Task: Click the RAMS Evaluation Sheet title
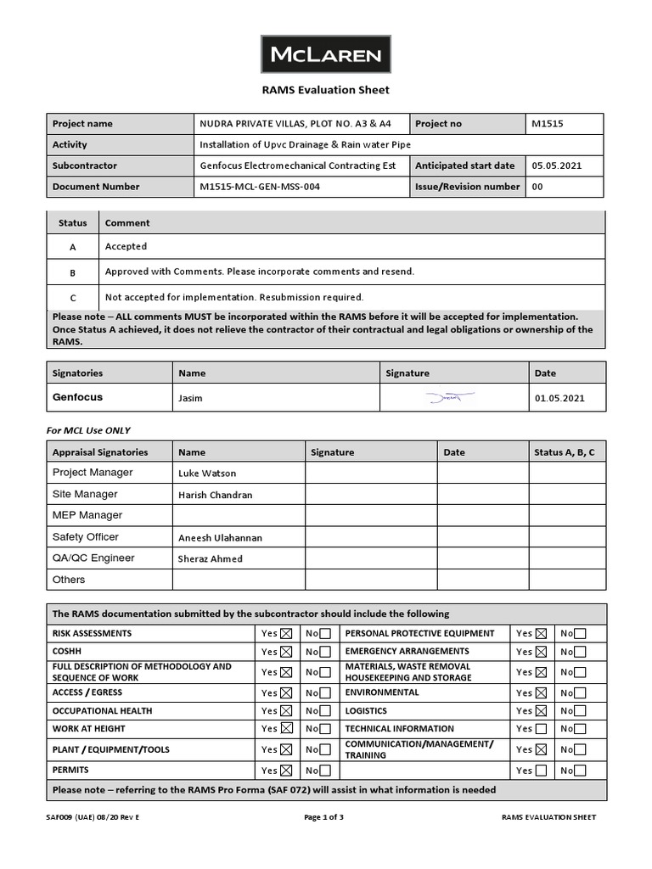(x=325, y=90)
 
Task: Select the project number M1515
(x=548, y=124)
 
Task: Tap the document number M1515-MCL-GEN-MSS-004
(x=260, y=187)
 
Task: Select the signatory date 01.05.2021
(x=559, y=398)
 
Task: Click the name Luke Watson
(x=207, y=474)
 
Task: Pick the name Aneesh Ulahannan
(x=220, y=538)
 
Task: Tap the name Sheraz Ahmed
(x=210, y=559)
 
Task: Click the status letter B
(x=73, y=272)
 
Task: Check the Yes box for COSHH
(x=286, y=652)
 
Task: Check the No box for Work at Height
(x=325, y=729)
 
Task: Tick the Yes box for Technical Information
(x=541, y=729)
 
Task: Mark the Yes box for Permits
(x=286, y=771)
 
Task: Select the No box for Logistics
(x=580, y=711)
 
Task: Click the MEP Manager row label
(x=87, y=515)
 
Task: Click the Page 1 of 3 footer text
(x=323, y=817)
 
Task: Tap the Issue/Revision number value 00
(x=537, y=187)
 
